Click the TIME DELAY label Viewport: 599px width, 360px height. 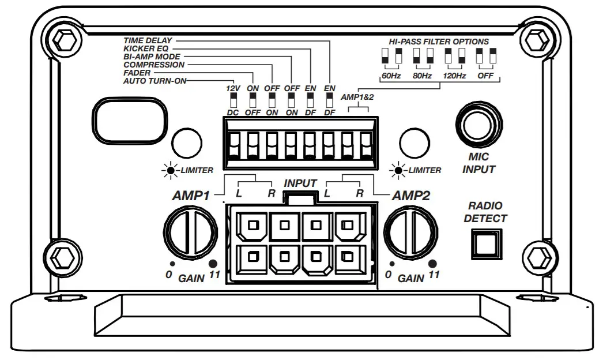click(x=149, y=41)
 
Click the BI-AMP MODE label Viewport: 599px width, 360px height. click(x=152, y=57)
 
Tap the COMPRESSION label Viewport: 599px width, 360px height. click(x=154, y=65)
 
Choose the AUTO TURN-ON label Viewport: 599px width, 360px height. click(x=155, y=81)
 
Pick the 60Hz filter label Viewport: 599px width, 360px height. click(x=390, y=76)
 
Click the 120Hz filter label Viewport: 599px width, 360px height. click(x=454, y=76)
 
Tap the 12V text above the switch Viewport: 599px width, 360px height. click(x=233, y=88)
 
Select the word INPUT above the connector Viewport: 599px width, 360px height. click(x=300, y=183)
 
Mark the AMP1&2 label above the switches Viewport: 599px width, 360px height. click(x=357, y=97)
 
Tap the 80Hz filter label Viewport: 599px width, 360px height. click(x=422, y=76)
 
